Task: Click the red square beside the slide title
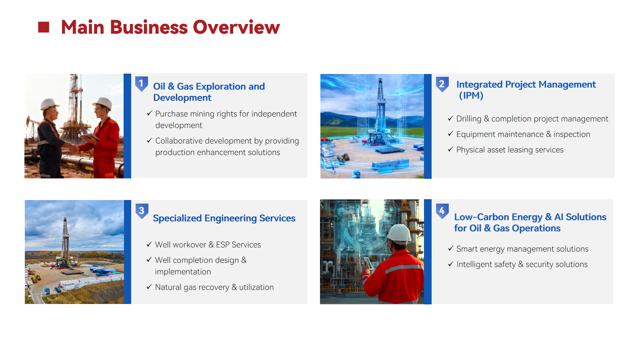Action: click(x=44, y=27)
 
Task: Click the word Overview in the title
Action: click(x=236, y=28)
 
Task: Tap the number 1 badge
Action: click(x=142, y=84)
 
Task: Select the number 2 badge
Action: click(x=442, y=84)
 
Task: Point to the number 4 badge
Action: click(x=442, y=211)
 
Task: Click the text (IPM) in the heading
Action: click(x=471, y=96)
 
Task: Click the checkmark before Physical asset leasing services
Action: click(x=450, y=149)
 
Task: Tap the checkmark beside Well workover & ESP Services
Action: click(x=149, y=244)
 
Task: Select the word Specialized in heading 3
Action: click(x=177, y=218)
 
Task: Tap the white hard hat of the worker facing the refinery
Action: click(x=399, y=234)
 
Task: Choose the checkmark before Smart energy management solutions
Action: click(x=450, y=248)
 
